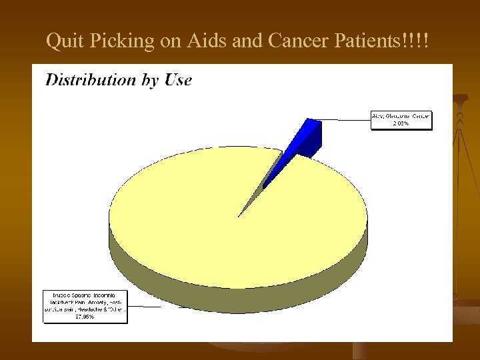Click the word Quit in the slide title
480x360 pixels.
click(x=62, y=42)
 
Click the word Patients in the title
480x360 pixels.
click(x=368, y=42)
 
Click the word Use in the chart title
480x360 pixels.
click(x=178, y=80)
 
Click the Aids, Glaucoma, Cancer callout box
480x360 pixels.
click(x=401, y=119)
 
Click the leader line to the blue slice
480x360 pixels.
click(x=343, y=120)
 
